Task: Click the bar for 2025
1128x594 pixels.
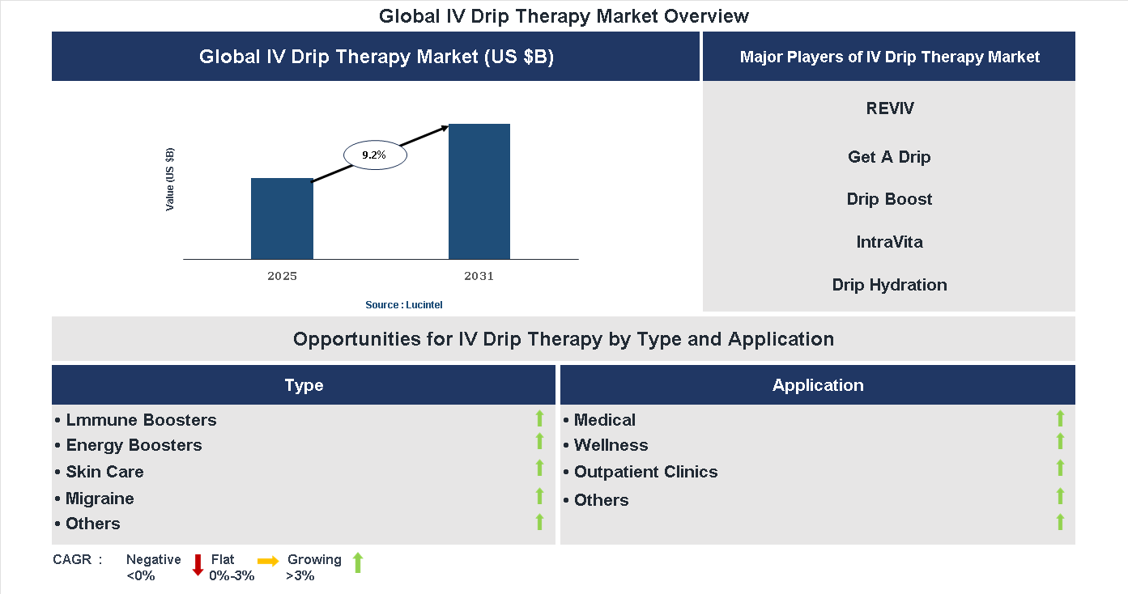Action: click(282, 219)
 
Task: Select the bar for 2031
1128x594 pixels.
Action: click(479, 191)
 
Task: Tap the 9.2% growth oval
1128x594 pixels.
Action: click(374, 155)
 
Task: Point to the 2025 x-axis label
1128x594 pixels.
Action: click(282, 276)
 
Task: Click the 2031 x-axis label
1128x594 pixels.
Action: click(479, 276)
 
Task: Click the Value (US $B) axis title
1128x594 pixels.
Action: click(170, 180)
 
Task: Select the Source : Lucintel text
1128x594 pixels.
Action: click(404, 304)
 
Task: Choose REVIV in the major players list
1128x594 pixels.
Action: click(889, 108)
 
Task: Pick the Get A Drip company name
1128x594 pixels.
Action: click(889, 157)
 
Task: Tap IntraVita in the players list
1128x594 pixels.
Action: click(889, 242)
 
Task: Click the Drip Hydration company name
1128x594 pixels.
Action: click(889, 285)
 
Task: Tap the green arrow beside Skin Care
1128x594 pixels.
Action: click(539, 468)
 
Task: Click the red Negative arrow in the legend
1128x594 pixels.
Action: click(198, 565)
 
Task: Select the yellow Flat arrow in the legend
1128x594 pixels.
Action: click(268, 561)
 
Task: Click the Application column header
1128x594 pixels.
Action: click(817, 385)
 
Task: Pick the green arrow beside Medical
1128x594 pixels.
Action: click(1060, 418)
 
